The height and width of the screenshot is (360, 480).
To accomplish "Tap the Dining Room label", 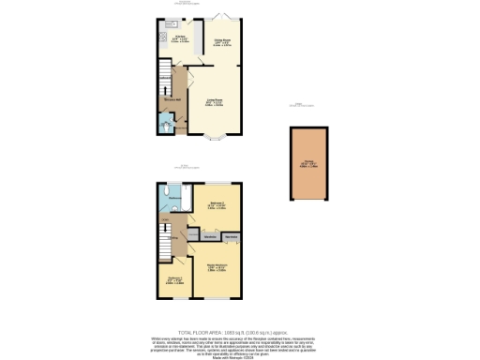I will pyautogui.click(x=222, y=40).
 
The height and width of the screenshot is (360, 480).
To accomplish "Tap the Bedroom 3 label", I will pyautogui.click(x=173, y=279).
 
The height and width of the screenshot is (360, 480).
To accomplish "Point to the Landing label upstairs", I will pyautogui.click(x=172, y=238).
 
